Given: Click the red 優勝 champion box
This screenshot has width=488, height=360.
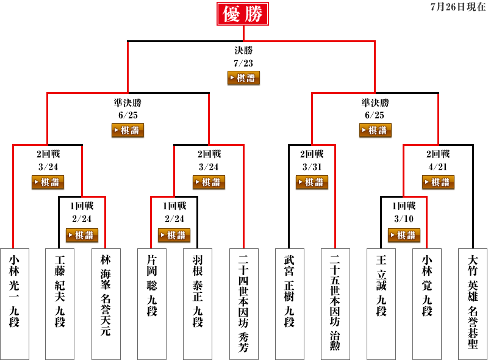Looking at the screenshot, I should point(243,14).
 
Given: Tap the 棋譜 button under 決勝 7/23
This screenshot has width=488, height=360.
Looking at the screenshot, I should point(243,78).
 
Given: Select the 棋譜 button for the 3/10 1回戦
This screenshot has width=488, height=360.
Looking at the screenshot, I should point(404,235).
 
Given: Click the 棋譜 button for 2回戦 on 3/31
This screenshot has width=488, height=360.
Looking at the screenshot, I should point(312,182).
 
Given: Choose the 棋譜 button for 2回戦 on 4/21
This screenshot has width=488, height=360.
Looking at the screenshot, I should point(438,182).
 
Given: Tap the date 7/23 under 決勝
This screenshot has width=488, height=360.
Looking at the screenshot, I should point(243,63).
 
